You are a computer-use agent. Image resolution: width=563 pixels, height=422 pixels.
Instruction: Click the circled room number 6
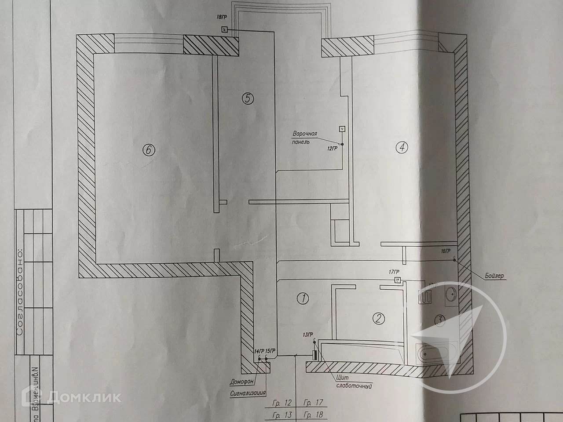click(x=148, y=150)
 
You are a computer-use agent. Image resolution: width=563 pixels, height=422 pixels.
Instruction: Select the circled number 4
click(x=401, y=148)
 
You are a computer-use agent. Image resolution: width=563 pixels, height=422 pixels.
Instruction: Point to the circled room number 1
click(x=303, y=298)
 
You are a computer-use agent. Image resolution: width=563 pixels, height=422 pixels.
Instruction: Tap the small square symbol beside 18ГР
click(x=224, y=30)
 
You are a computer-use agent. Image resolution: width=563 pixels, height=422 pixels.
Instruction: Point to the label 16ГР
click(x=446, y=251)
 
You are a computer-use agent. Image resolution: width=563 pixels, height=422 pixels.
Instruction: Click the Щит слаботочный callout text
click(x=350, y=381)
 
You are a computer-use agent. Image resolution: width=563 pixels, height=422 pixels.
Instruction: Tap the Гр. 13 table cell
click(x=282, y=415)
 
